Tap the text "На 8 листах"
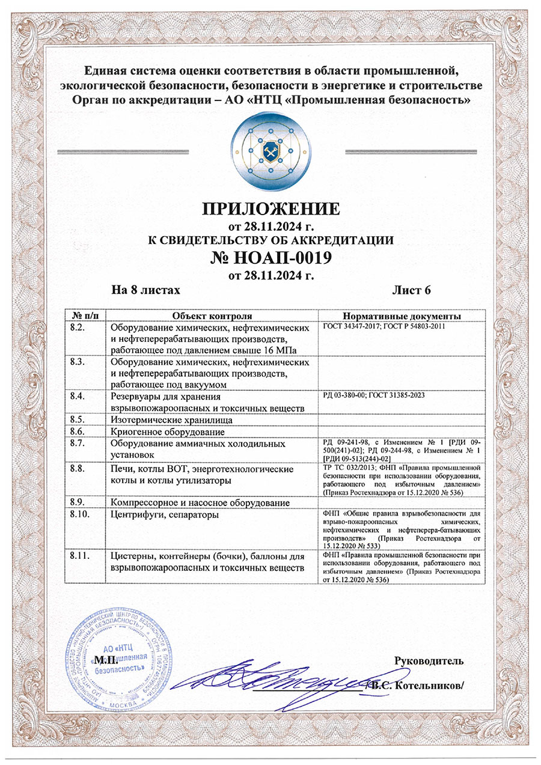point(146,290)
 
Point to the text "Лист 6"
point(412,290)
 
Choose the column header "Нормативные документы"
point(402,316)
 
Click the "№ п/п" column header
point(85,316)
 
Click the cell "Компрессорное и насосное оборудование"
point(201,502)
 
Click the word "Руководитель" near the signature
point(429,662)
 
